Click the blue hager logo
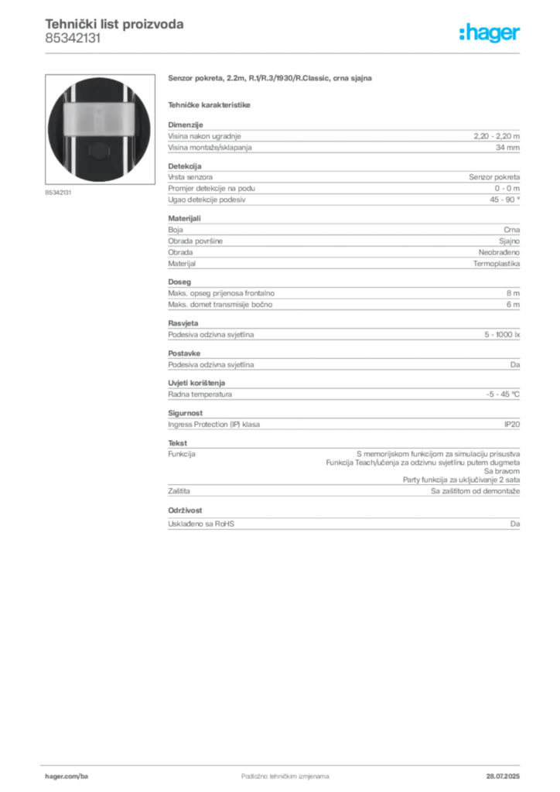[x=491, y=35]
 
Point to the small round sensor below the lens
[x=97, y=151]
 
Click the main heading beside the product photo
[x=271, y=79]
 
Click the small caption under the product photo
[x=58, y=193]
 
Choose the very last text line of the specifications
[x=343, y=524]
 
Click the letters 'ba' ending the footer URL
[x=86, y=774]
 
